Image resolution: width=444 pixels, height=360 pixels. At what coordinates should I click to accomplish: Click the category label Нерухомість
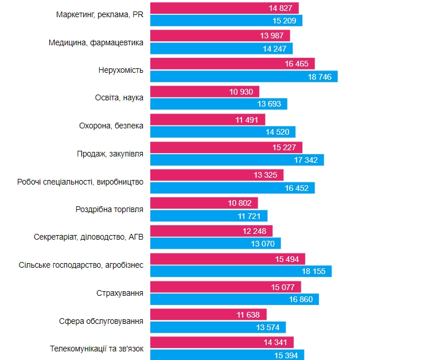click(x=121, y=70)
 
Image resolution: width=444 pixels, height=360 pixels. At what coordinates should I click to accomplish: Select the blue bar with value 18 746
click(x=243, y=76)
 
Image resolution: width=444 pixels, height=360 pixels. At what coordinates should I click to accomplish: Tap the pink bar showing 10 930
click(x=204, y=92)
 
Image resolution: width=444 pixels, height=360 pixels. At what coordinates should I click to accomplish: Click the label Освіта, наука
click(x=119, y=97)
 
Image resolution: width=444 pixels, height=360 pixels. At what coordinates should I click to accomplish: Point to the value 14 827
click(x=281, y=8)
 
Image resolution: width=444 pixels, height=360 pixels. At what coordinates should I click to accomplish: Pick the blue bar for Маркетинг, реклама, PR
click(x=226, y=21)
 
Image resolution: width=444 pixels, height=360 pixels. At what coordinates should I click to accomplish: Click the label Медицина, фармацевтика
click(x=96, y=42)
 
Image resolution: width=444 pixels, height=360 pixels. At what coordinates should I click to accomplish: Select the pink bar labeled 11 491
click(x=208, y=120)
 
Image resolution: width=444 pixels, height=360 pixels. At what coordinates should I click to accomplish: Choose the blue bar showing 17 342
click(x=236, y=160)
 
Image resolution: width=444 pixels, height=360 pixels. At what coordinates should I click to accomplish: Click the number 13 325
click(x=266, y=174)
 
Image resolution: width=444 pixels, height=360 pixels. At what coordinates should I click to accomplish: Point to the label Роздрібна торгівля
click(x=110, y=209)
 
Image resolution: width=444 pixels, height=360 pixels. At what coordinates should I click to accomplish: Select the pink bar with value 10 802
click(x=204, y=203)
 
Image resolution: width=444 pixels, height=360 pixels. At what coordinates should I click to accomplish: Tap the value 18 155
click(x=313, y=271)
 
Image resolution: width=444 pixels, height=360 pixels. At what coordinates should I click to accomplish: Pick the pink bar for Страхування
click(x=225, y=287)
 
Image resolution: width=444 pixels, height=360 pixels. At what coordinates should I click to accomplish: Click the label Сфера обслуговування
click(x=101, y=320)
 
